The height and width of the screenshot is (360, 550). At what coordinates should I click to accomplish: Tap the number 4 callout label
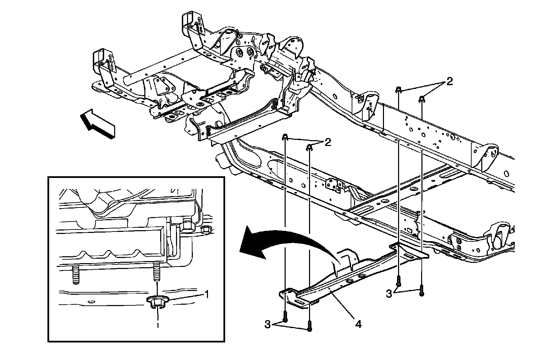[x=359, y=324]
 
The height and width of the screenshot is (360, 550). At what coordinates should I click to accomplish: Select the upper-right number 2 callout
[x=449, y=82]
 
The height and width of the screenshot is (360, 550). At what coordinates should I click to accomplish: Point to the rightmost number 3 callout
[x=389, y=294]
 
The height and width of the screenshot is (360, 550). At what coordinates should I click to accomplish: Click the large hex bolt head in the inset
[x=187, y=226]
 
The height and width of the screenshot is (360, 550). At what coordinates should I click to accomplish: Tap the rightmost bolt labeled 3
[x=421, y=291]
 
